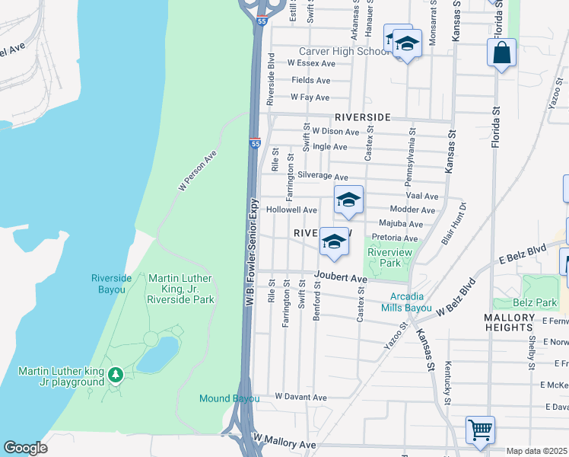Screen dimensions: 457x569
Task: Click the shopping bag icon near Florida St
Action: tap(501, 53)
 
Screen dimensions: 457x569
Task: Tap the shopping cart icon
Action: tap(480, 430)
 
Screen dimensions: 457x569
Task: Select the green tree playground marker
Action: tap(115, 375)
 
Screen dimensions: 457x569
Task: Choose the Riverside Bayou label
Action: tap(111, 283)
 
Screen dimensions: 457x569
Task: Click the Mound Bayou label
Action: tap(230, 398)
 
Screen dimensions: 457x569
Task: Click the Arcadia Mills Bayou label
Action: tap(412, 302)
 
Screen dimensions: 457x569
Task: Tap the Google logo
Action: tap(26, 448)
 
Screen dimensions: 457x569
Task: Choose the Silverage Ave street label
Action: tap(323, 176)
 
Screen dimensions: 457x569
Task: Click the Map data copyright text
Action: tap(536, 451)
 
